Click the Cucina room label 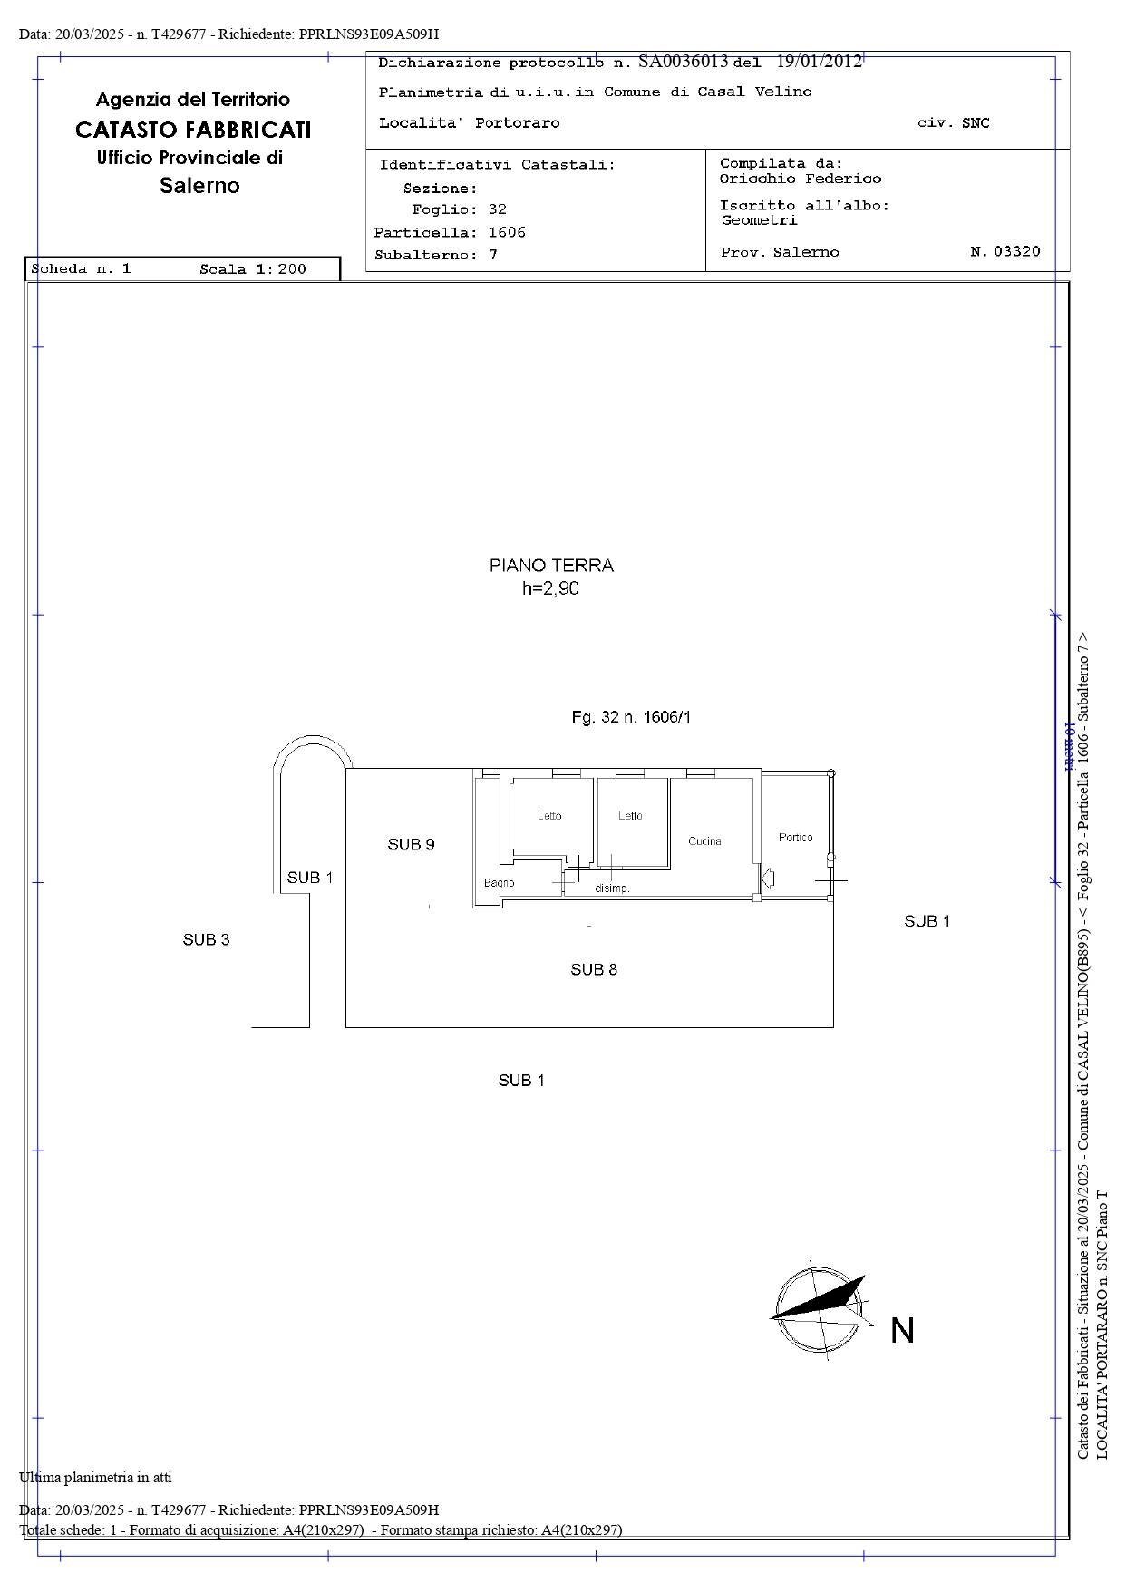(x=704, y=841)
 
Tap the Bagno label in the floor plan (x=499, y=883)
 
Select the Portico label (x=795, y=838)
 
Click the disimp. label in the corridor (x=612, y=888)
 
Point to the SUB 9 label (x=411, y=845)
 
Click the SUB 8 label (x=594, y=970)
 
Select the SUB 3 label (x=206, y=940)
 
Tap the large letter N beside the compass (x=901, y=1331)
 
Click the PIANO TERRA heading (x=551, y=566)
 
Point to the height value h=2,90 (x=550, y=589)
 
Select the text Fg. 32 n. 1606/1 (x=631, y=718)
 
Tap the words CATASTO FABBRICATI (x=193, y=130)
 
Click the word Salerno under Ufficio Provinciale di (x=199, y=186)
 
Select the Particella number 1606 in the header (x=506, y=233)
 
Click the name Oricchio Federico (x=800, y=180)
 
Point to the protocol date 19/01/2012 (x=819, y=62)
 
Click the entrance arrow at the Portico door (x=768, y=878)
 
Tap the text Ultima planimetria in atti (x=95, y=1478)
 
